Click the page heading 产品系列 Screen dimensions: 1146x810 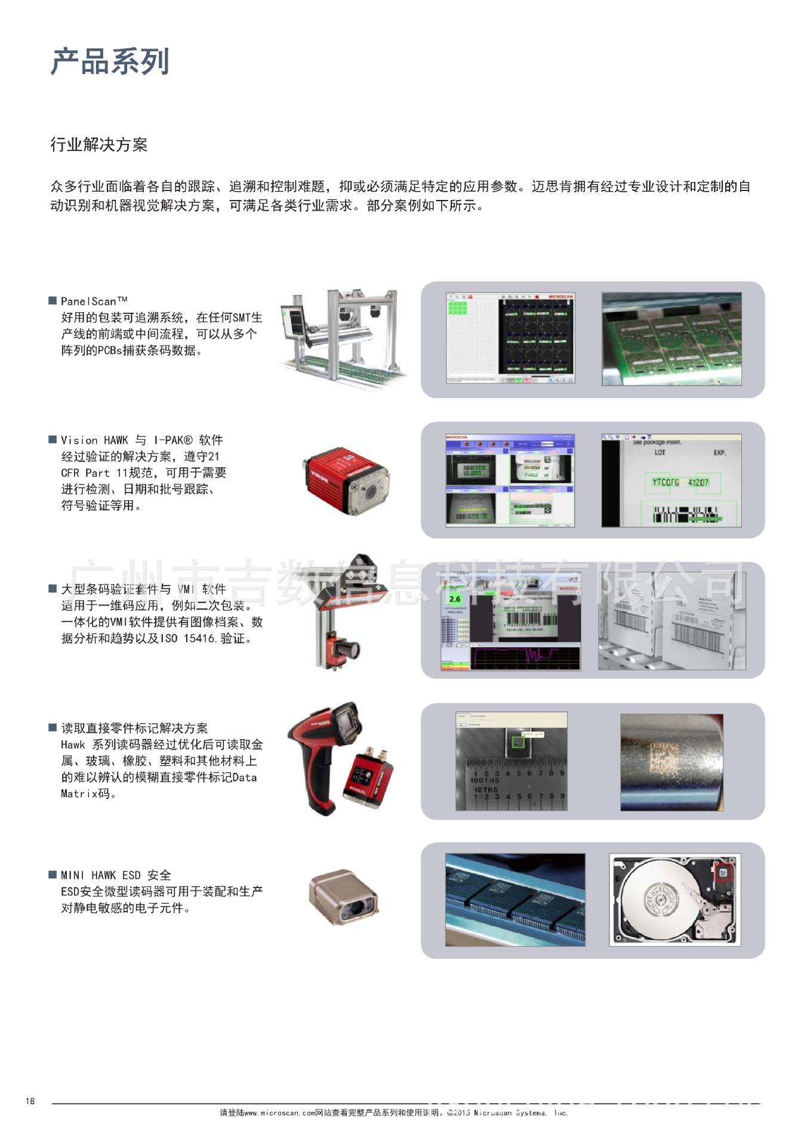110,62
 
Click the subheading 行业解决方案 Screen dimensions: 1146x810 98,145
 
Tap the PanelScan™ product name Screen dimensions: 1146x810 94,301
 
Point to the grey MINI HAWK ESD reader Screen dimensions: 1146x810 344,897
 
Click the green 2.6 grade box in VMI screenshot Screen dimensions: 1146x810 455,599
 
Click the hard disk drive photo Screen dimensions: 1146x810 675,899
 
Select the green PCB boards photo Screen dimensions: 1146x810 671,338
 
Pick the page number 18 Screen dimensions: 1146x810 30,1101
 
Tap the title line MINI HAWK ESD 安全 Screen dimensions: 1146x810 116,875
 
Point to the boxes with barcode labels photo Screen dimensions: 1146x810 672,621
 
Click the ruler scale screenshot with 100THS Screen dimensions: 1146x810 511,762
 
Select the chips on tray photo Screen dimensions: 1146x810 515,899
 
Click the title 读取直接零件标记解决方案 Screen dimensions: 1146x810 134,728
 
